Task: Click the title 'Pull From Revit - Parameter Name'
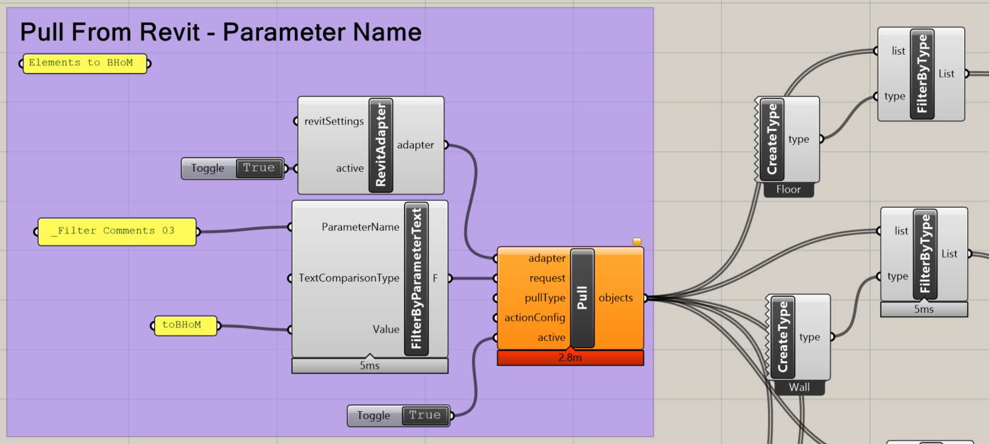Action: (221, 33)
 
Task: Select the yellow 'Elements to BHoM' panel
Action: (85, 64)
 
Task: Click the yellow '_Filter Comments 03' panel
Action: (117, 231)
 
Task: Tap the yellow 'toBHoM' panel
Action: (186, 326)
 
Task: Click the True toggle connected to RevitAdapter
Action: (259, 168)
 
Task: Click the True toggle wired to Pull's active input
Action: (425, 415)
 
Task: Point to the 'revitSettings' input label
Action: (334, 121)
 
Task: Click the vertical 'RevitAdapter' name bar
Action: (380, 145)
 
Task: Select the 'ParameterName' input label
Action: (360, 227)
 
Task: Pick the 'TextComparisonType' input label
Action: (349, 278)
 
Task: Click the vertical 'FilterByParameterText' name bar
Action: (416, 279)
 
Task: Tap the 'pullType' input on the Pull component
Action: (545, 298)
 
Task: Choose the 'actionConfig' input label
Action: (535, 318)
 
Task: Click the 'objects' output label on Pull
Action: (615, 298)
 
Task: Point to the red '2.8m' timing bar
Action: (570, 358)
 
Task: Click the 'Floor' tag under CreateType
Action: (789, 190)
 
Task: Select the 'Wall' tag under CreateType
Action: (799, 388)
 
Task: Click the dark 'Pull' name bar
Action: (582, 298)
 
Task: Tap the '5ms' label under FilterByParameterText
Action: (370, 366)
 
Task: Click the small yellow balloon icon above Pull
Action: (636, 242)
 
